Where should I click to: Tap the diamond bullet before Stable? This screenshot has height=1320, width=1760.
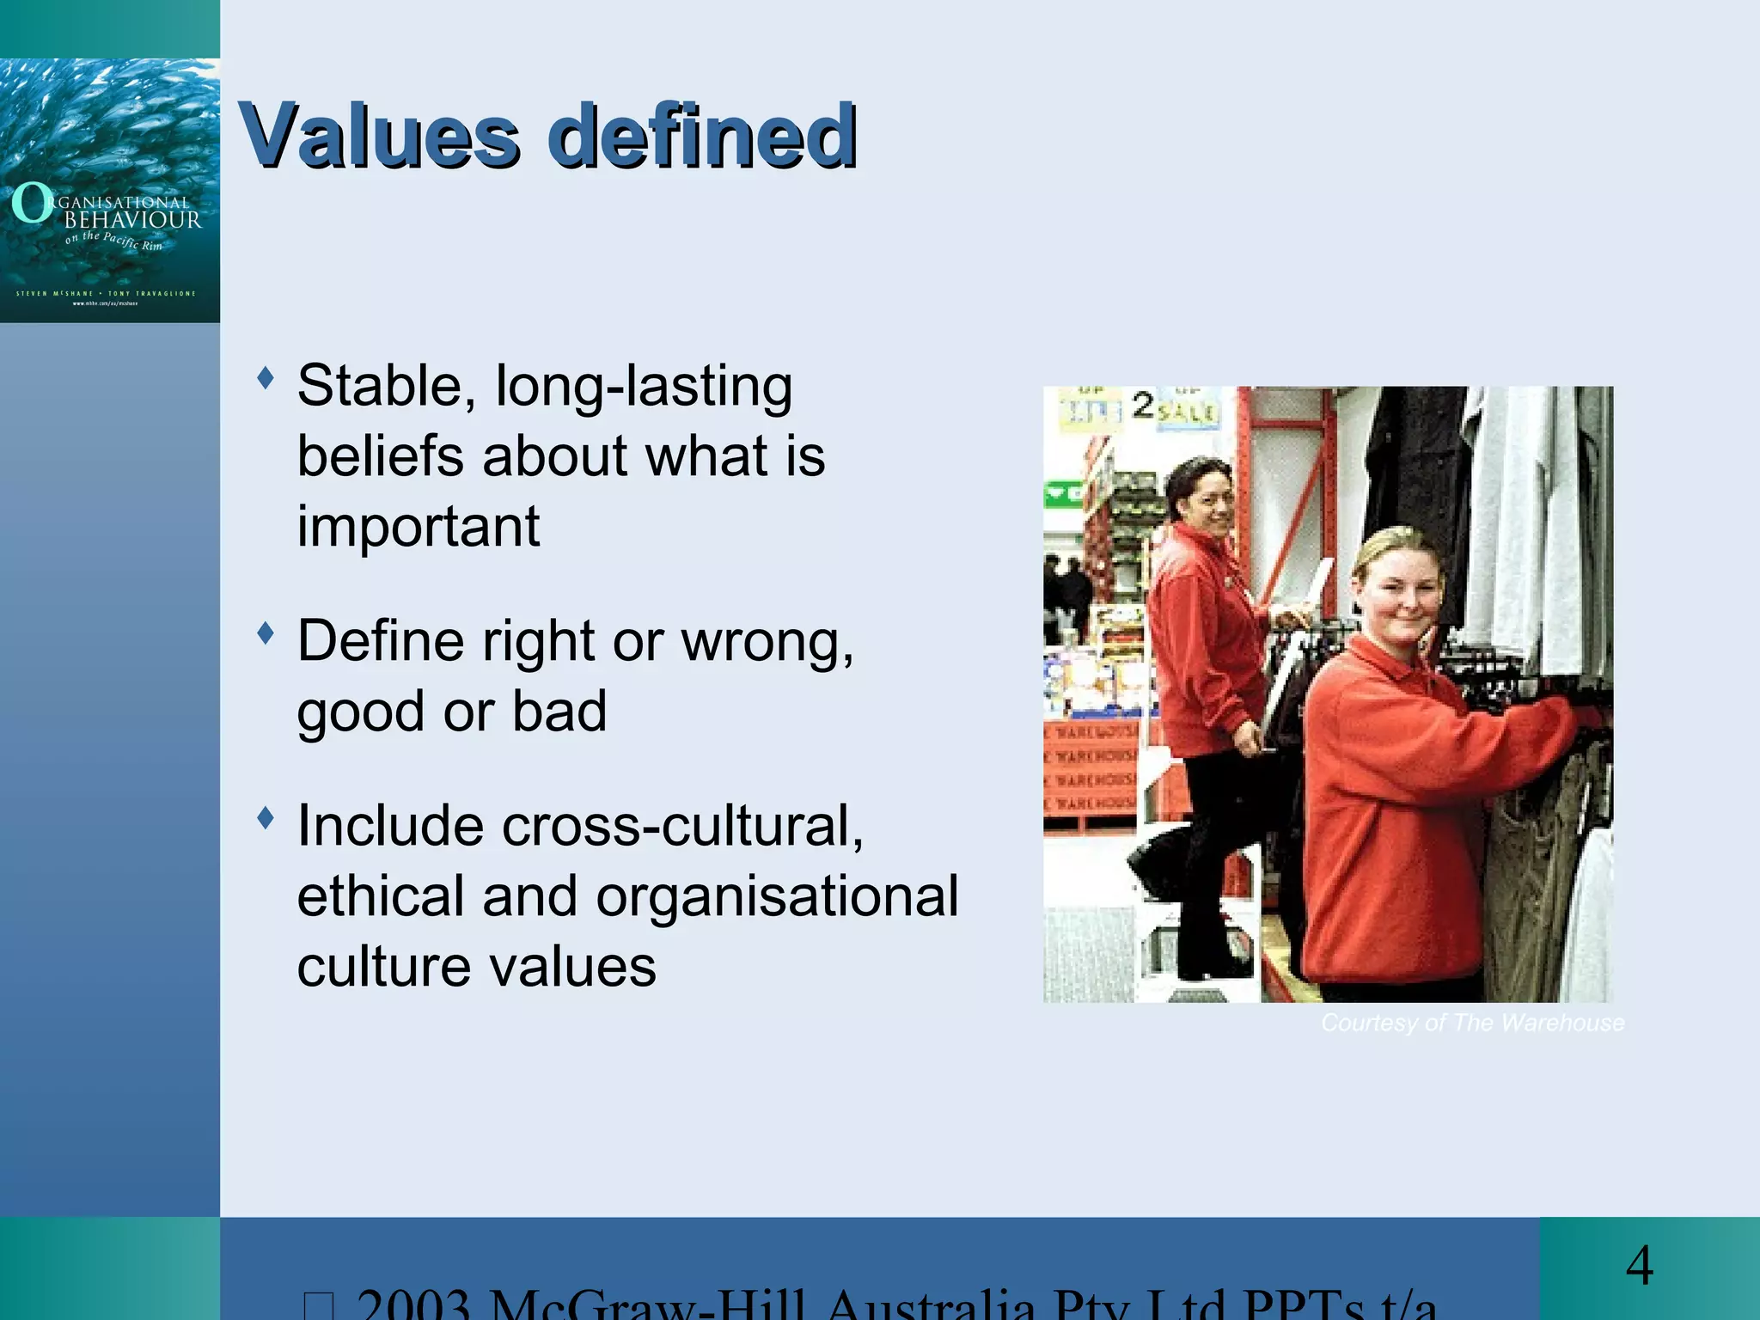point(266,377)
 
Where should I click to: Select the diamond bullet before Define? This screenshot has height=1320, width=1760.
point(266,633)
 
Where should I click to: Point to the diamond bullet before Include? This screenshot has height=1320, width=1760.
point(266,817)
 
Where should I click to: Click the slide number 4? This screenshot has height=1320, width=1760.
point(1640,1266)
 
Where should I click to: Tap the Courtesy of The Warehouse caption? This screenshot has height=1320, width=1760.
point(1472,1023)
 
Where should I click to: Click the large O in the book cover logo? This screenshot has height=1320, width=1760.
point(31,204)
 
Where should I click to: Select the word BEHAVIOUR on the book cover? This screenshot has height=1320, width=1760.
point(133,220)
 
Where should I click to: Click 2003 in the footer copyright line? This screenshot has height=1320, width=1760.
point(412,1305)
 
